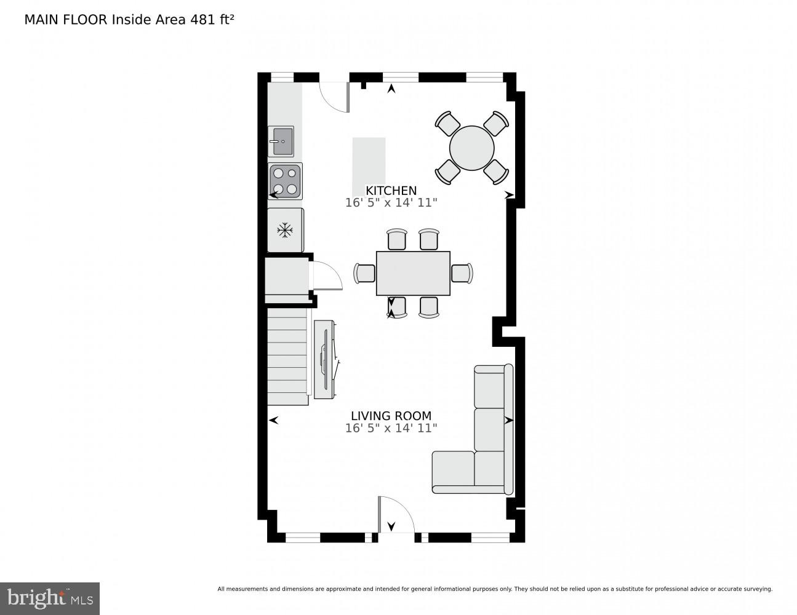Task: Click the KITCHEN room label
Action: click(391, 191)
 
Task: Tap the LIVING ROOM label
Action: click(391, 416)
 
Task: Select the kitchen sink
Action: click(281, 141)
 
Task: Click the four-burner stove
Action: click(285, 181)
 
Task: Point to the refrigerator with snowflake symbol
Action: click(285, 230)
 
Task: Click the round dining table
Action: click(471, 148)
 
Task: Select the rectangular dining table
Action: click(413, 273)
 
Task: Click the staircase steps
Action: click(287, 357)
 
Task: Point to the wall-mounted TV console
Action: click(324, 359)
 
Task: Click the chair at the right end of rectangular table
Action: click(462, 272)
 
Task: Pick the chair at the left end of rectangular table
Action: click(365, 272)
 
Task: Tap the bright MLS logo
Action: click(50, 598)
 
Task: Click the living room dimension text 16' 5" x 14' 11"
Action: click(391, 428)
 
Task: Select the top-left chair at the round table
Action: click(447, 123)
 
